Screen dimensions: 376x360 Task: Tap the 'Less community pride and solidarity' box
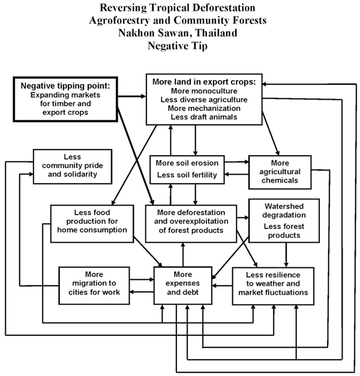tap(73, 166)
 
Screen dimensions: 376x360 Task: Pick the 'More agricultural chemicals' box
tap(279, 169)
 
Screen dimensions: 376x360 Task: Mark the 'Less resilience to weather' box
tap(273, 286)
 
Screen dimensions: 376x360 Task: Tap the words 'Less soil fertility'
tap(187, 175)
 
